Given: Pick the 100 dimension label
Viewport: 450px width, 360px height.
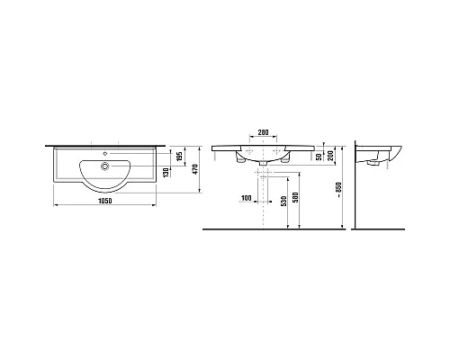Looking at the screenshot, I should [247, 197].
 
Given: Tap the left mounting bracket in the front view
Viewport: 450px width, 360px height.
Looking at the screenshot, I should [238, 160].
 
